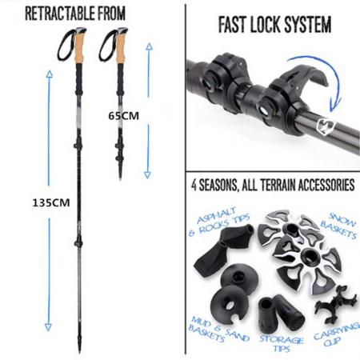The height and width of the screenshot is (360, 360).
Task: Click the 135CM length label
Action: pos(45,202)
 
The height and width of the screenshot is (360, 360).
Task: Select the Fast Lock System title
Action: pos(274,26)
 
